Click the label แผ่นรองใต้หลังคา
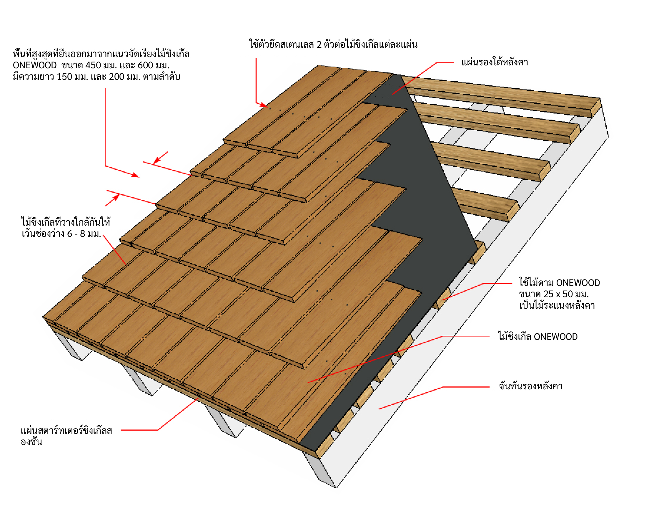pyautogui.click(x=494, y=62)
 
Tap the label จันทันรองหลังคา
pyautogui.click(x=530, y=386)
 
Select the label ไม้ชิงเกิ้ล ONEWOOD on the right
pyautogui.click(x=537, y=337)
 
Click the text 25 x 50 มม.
pyautogui.click(x=553, y=294)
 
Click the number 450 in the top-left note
pyautogui.click(x=94, y=65)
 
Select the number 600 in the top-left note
pyautogui.click(x=145, y=65)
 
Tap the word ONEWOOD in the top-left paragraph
pyautogui.click(x=35, y=65)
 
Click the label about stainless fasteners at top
pyautogui.click(x=333, y=45)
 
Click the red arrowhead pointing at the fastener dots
pyautogui.click(x=264, y=105)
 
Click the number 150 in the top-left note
pyautogui.click(x=64, y=77)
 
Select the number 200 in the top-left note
pyautogui.click(x=117, y=77)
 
